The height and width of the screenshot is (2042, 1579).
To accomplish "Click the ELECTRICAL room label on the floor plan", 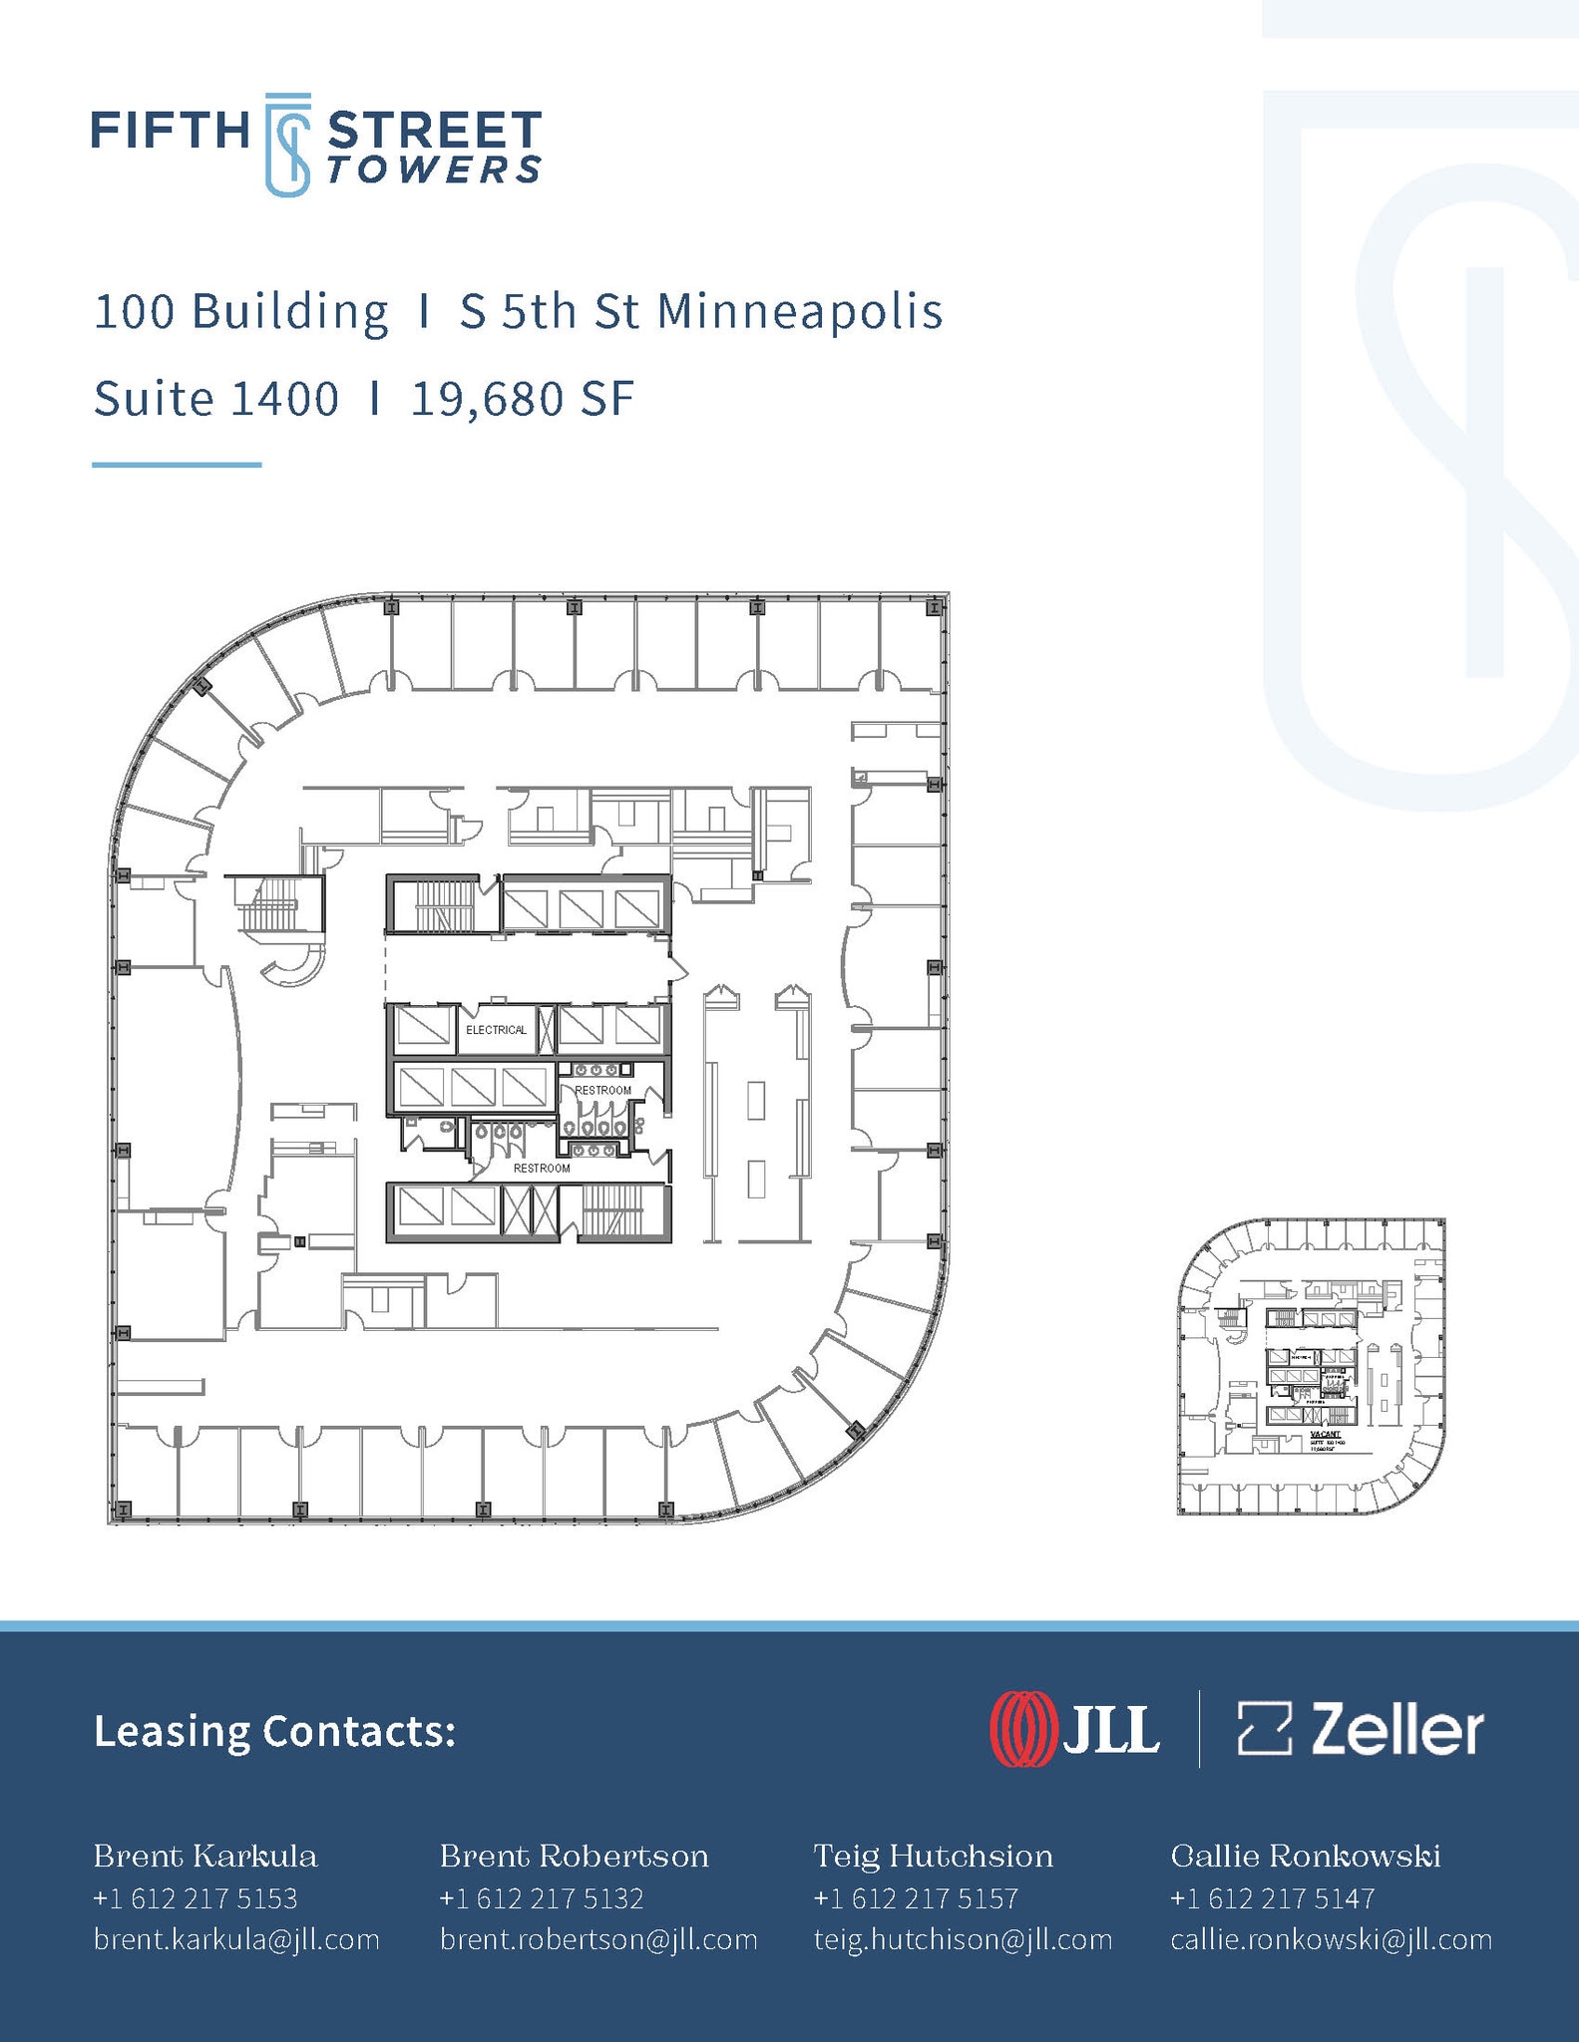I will coord(496,1030).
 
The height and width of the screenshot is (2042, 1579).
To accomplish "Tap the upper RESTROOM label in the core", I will coord(602,1090).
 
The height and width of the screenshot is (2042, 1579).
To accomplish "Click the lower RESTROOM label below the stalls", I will coord(542,1168).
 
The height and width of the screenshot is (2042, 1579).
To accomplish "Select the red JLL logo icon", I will coord(1021,1730).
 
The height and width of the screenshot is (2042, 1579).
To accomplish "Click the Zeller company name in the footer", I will coord(1396,1730).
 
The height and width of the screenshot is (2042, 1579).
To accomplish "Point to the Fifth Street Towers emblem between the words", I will coord(287,145).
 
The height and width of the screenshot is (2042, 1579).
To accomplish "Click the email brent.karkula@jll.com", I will coord(236,1939).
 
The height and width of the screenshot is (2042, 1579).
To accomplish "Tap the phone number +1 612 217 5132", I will coord(542,1898).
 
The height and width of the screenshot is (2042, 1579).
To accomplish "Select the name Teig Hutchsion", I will coord(933,1857).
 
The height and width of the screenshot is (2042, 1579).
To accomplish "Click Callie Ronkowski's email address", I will coord(1331,1939).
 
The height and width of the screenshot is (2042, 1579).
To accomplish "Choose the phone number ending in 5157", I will coord(916,1898).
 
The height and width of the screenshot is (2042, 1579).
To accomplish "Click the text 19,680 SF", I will coord(523,400).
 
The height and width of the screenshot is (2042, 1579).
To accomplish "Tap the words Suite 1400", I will coord(216,400).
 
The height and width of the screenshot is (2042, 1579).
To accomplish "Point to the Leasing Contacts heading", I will coord(274,1732).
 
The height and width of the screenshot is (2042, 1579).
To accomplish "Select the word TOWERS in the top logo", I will coord(434,170).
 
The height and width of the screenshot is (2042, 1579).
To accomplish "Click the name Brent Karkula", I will coord(205,1857).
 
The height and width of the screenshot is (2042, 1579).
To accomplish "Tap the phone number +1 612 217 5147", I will coord(1272,1898).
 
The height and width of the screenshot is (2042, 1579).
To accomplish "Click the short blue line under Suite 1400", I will coord(177,465).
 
